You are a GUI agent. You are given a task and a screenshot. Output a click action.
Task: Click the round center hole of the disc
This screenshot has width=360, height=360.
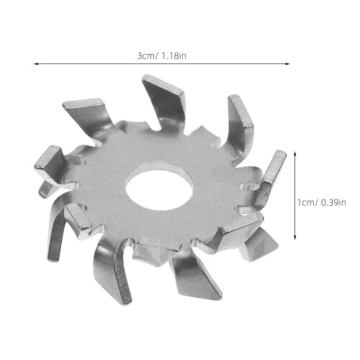click(x=160, y=186)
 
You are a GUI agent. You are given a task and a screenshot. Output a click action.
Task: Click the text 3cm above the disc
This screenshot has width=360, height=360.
click(x=146, y=56)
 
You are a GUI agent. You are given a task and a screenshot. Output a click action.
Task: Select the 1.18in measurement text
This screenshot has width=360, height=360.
click(x=174, y=56)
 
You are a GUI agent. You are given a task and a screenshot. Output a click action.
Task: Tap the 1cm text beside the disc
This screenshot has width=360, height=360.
click(x=305, y=203)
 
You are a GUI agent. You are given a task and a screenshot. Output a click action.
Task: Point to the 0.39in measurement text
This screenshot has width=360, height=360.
click(x=333, y=203)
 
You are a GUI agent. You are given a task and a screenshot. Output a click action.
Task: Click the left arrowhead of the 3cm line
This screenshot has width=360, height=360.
click(x=36, y=64)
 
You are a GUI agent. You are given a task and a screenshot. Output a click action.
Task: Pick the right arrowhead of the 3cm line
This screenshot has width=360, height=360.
click(x=287, y=64)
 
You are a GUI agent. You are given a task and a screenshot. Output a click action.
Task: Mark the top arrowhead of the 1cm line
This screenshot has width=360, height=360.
click(x=295, y=153)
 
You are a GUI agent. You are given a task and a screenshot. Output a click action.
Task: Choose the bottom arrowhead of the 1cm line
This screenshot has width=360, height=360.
click(x=295, y=237)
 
